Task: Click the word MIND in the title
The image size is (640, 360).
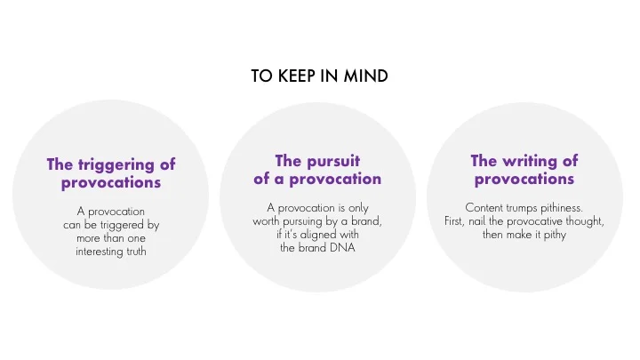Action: tap(366, 76)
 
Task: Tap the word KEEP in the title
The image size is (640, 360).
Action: tap(295, 76)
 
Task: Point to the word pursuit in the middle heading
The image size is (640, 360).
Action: tap(334, 161)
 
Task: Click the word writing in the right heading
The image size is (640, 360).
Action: tap(537, 161)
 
